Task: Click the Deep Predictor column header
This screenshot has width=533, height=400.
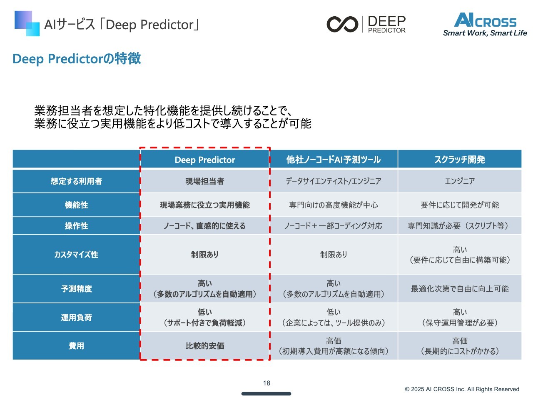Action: pos(205,160)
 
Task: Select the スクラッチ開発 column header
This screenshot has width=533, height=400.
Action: pos(459,160)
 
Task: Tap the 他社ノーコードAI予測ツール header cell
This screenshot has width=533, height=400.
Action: pos(334,160)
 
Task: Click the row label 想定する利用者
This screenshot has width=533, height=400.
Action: pos(76,181)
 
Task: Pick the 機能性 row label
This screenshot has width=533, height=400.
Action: pos(76,205)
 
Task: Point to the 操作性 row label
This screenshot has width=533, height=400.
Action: pos(76,225)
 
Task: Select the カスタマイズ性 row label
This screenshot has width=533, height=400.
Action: pos(76,254)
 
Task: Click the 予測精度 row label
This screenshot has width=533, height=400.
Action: pos(76,288)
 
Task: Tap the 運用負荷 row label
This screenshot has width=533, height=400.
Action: pos(76,317)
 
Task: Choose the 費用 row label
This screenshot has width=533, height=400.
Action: pos(76,345)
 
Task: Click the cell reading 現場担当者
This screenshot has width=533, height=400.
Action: pos(205,181)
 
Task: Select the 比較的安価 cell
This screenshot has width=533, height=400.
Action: pos(205,345)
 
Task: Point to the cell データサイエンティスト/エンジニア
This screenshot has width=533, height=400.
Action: pos(334,181)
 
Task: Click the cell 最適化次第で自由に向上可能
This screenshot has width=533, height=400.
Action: pos(459,288)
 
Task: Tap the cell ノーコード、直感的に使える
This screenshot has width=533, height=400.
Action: pos(205,225)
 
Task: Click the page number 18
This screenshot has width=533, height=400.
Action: pos(266,383)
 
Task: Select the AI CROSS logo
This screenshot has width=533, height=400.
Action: pos(485,24)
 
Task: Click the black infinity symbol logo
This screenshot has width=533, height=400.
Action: pos(342,24)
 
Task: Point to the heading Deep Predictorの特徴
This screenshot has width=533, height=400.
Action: pos(77,58)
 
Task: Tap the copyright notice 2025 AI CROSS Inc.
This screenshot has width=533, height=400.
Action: pos(462,389)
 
